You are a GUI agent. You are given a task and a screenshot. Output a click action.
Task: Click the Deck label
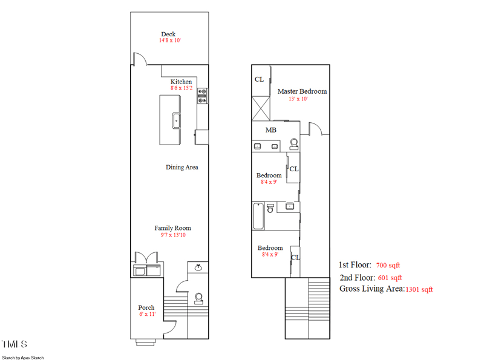(168, 34)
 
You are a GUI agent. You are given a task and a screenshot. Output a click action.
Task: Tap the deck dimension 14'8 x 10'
(170, 41)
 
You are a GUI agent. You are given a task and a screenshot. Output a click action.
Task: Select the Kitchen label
(181, 82)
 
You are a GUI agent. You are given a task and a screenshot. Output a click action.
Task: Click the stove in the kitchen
(202, 97)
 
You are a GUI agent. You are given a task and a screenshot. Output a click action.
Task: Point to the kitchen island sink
(177, 120)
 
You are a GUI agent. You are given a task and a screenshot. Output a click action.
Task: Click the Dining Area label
(182, 167)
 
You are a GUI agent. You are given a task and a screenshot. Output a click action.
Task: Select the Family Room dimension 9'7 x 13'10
(173, 235)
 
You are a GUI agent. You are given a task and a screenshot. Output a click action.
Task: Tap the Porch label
(146, 307)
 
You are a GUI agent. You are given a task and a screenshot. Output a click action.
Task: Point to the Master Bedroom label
(302, 91)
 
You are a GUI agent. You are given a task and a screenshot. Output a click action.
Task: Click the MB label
(271, 129)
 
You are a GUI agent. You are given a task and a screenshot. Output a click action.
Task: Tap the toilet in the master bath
(294, 144)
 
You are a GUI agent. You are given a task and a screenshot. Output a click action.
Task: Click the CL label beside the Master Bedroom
(259, 79)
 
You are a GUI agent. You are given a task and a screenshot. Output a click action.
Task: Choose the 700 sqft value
(388, 265)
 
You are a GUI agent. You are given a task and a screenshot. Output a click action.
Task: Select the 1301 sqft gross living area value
(419, 289)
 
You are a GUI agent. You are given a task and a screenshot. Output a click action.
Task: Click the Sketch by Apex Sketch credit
(22, 358)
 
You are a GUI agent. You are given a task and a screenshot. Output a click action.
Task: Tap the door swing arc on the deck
(139, 58)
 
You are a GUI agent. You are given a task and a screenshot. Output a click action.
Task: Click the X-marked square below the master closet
(261, 110)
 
